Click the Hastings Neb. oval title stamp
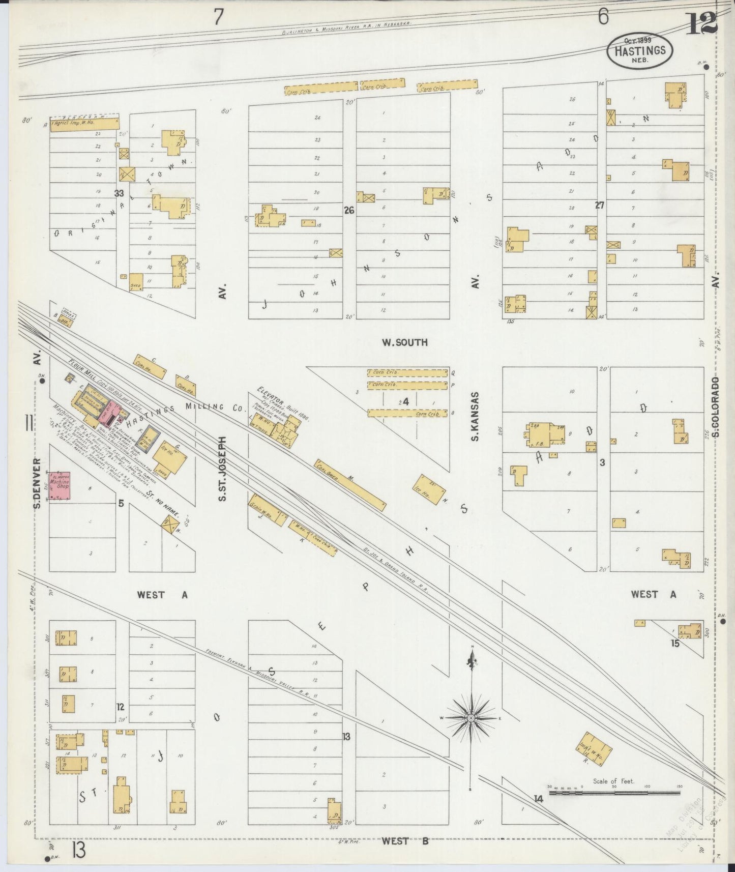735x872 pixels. point(639,51)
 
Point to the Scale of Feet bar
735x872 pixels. point(615,792)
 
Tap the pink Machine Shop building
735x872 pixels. point(59,487)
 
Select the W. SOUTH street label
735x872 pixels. point(405,343)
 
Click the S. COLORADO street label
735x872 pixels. point(715,406)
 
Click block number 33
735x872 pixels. point(119,193)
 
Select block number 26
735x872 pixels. point(349,210)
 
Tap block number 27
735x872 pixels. point(600,206)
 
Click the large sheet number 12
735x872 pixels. point(700,23)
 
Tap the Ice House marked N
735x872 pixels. point(430,489)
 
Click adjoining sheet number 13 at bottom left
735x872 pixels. point(78,850)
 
